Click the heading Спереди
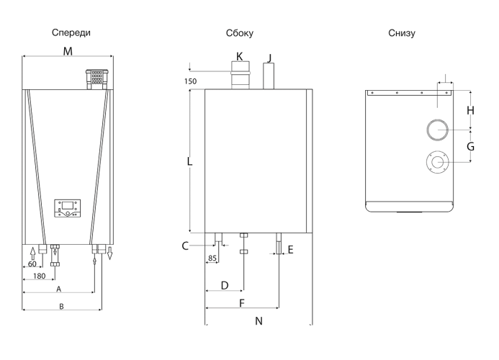tap(71, 33)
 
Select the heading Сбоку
tap(240, 33)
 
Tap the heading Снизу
tap(402, 33)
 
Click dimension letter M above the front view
tap(68, 51)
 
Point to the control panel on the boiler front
tap(67, 208)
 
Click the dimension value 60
tap(32, 264)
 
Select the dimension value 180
tap(39, 276)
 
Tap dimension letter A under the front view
tap(58, 289)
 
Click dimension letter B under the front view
tap(61, 306)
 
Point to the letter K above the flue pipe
tap(239, 57)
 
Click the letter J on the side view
tap(269, 58)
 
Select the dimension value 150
tap(190, 81)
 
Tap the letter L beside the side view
tap(189, 162)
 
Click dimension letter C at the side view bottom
tap(185, 246)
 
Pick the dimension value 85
tap(212, 258)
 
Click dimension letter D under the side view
tap(225, 285)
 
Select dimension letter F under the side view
tap(242, 303)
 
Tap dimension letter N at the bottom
tap(259, 321)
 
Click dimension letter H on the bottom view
tap(471, 110)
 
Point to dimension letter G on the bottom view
tap(470, 146)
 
